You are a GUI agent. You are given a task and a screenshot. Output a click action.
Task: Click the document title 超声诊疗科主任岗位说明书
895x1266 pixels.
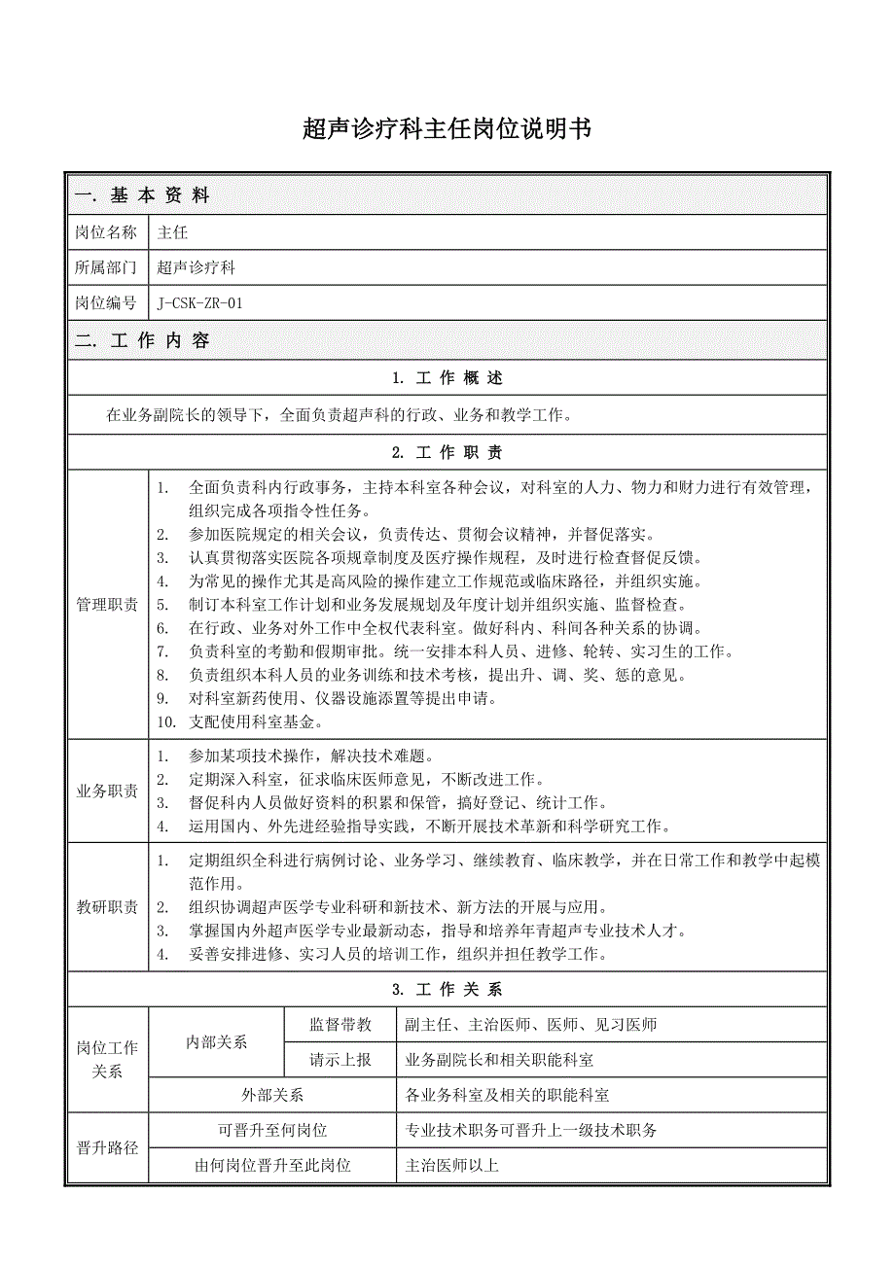(x=447, y=130)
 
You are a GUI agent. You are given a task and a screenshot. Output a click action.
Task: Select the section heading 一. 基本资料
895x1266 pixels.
(x=142, y=195)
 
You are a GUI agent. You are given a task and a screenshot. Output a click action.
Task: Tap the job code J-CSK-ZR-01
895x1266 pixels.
(x=200, y=303)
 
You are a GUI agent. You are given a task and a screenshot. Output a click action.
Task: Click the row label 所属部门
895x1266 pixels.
(x=106, y=267)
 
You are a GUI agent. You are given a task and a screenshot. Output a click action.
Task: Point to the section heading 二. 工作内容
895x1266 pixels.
(x=142, y=341)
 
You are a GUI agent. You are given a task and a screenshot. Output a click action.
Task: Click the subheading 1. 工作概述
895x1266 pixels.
(x=447, y=378)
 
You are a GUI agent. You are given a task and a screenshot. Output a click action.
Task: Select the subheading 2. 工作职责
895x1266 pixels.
(x=447, y=453)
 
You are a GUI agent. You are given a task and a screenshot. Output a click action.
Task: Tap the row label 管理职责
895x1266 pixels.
(x=106, y=605)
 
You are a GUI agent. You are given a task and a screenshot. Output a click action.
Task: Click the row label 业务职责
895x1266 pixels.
(x=106, y=791)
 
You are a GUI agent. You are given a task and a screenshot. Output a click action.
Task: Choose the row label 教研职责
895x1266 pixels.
(x=106, y=907)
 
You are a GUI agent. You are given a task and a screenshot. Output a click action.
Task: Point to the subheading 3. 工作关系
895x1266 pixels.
(x=447, y=990)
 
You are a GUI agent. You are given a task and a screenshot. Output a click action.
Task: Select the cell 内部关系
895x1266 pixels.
(x=216, y=1042)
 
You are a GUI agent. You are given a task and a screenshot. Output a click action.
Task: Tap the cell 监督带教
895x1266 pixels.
(x=340, y=1025)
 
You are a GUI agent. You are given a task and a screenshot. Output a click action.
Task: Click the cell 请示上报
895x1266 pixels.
(x=340, y=1060)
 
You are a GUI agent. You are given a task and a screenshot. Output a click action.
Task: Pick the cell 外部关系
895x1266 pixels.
(x=272, y=1096)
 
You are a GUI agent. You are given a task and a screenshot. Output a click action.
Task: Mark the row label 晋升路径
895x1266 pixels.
(x=106, y=1147)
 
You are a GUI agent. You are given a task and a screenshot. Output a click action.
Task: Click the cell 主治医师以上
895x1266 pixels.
(x=452, y=1165)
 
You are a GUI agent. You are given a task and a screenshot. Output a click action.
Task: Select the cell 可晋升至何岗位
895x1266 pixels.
(x=272, y=1130)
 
